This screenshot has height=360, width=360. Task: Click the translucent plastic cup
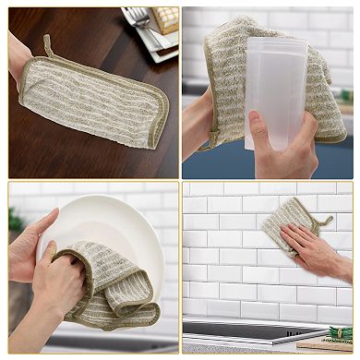(274, 92)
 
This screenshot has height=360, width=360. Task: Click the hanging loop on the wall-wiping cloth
(325, 222)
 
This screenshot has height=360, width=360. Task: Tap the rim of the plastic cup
(277, 43)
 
